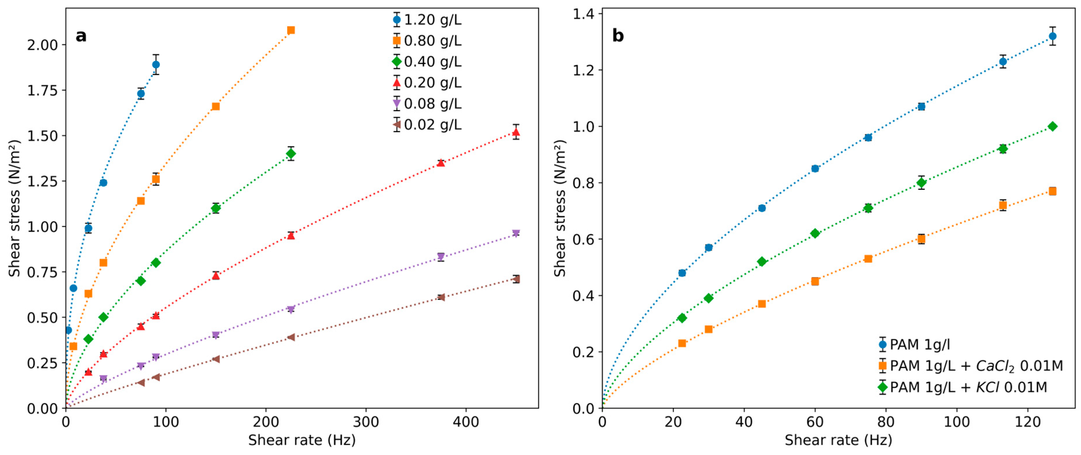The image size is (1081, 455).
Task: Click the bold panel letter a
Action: pos(81,36)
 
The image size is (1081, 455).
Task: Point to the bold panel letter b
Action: pos(618,36)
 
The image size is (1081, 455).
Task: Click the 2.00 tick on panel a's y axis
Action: pos(42,44)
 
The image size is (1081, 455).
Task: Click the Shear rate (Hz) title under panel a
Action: pos(302,440)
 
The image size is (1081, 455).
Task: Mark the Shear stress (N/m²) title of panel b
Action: pos(560,208)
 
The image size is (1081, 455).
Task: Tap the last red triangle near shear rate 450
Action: pos(516,132)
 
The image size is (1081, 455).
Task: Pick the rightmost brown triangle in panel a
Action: pos(516,279)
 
